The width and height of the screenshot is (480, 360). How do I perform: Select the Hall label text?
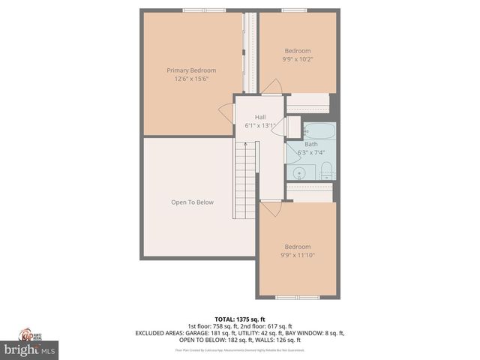pos(260,117)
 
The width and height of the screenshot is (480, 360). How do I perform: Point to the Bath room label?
pos(310,144)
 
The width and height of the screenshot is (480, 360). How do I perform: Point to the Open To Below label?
pos(192,202)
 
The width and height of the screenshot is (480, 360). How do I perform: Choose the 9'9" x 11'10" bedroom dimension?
pos(298,255)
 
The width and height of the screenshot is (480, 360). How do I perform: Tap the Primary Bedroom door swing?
pos(226,111)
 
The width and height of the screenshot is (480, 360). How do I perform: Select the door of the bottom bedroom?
pos(271,209)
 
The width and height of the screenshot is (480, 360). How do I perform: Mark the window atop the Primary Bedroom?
pos(200,10)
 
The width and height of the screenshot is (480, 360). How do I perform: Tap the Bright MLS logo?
pos(30,349)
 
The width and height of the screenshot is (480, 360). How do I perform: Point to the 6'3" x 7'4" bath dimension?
pos(310,152)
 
